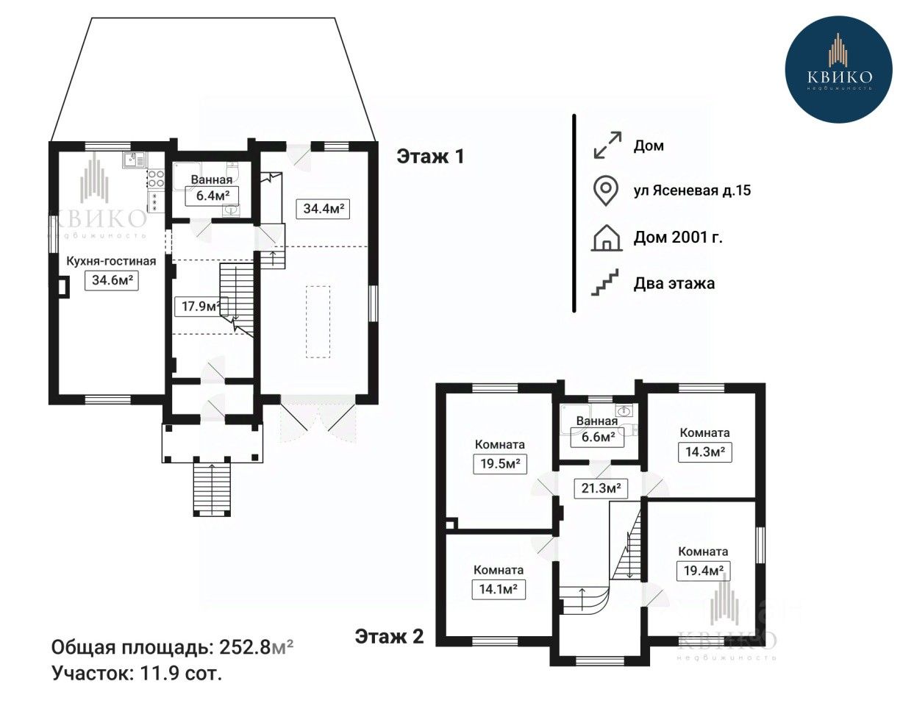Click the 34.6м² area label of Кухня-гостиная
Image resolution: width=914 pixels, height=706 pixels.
(x=112, y=280)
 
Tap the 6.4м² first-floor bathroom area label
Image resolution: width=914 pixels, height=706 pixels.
(x=213, y=196)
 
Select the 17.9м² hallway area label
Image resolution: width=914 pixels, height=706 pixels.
(x=201, y=306)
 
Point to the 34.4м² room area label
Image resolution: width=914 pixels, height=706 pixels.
(x=323, y=209)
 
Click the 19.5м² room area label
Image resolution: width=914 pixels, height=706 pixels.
(x=500, y=464)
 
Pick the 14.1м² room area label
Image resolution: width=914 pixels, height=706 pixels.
(x=499, y=590)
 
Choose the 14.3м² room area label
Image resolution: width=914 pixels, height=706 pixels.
(x=705, y=452)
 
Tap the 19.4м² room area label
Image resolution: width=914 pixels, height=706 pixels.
(x=703, y=571)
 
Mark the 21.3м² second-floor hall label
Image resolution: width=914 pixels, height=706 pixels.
(x=601, y=488)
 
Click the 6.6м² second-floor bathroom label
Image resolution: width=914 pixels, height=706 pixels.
(x=597, y=437)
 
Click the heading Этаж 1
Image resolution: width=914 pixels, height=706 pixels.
(x=430, y=157)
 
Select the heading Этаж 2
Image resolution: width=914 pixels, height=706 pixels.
(x=390, y=637)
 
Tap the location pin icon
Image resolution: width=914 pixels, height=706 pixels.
(x=606, y=191)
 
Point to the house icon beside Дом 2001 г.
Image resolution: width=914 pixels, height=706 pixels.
(x=607, y=238)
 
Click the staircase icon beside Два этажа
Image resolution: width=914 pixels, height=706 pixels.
(x=605, y=282)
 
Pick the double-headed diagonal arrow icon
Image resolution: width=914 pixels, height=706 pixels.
(x=607, y=145)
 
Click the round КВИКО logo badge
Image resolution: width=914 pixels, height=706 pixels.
(x=839, y=69)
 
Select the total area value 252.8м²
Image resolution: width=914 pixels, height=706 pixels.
(x=256, y=648)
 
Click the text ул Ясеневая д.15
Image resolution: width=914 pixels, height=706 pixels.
(x=693, y=190)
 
